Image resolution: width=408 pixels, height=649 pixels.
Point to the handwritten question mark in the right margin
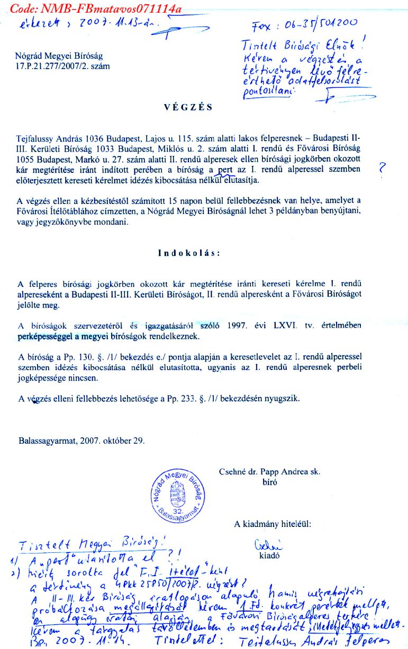(383, 170)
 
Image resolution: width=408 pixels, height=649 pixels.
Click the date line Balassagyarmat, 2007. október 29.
(81, 440)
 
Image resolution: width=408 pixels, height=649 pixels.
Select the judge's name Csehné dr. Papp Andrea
(269, 472)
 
